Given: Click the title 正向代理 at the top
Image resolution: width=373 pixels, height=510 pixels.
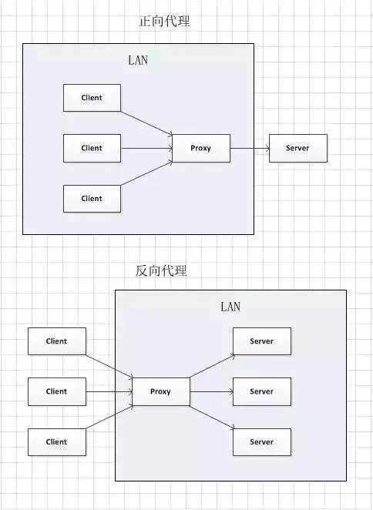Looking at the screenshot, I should (x=163, y=22).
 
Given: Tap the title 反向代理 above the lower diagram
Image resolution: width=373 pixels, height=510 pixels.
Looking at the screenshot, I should (x=160, y=270).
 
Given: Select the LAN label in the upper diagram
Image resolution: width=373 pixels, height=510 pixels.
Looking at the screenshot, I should (x=138, y=61).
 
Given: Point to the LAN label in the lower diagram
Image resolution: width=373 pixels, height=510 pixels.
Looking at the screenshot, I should (x=230, y=307).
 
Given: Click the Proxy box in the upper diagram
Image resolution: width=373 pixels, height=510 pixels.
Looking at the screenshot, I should (x=200, y=148).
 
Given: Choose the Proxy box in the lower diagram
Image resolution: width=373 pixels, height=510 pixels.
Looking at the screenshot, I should (x=161, y=391).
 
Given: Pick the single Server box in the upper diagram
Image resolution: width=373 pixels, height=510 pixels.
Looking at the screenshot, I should (x=298, y=148).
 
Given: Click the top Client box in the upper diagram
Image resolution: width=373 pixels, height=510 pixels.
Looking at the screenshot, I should (x=92, y=98).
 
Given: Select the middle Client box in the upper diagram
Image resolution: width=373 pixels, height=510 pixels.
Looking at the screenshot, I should (x=92, y=148).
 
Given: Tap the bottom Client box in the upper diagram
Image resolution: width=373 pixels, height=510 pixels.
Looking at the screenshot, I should (x=92, y=198).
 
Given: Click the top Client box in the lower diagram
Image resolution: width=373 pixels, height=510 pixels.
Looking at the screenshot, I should (x=57, y=341).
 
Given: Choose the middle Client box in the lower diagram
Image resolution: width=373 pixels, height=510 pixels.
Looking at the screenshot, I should (x=57, y=391).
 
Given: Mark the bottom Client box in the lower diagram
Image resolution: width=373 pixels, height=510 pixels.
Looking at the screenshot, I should (x=57, y=442).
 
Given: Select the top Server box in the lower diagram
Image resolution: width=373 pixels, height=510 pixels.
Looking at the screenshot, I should (x=262, y=341).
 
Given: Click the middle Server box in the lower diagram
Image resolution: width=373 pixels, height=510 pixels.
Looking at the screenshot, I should (x=262, y=391).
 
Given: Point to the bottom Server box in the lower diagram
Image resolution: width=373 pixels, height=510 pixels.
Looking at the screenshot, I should (x=262, y=442).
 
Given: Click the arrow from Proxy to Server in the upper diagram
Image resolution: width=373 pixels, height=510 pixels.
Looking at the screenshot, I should (x=250, y=148).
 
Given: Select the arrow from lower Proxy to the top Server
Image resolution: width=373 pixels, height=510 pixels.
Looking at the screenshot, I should (x=211, y=367).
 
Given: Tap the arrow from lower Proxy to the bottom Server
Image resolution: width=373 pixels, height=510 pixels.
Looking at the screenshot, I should (x=211, y=416).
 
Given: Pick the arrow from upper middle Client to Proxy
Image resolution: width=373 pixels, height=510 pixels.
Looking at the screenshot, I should (x=146, y=148).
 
